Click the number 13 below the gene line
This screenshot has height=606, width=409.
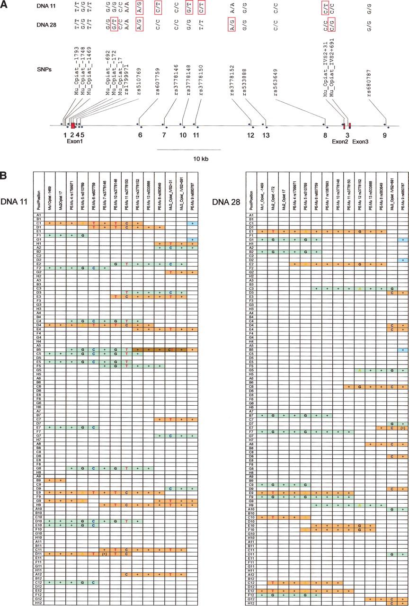click(267, 135)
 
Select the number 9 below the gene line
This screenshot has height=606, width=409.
click(385, 135)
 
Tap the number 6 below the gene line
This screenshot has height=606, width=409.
click(140, 135)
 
